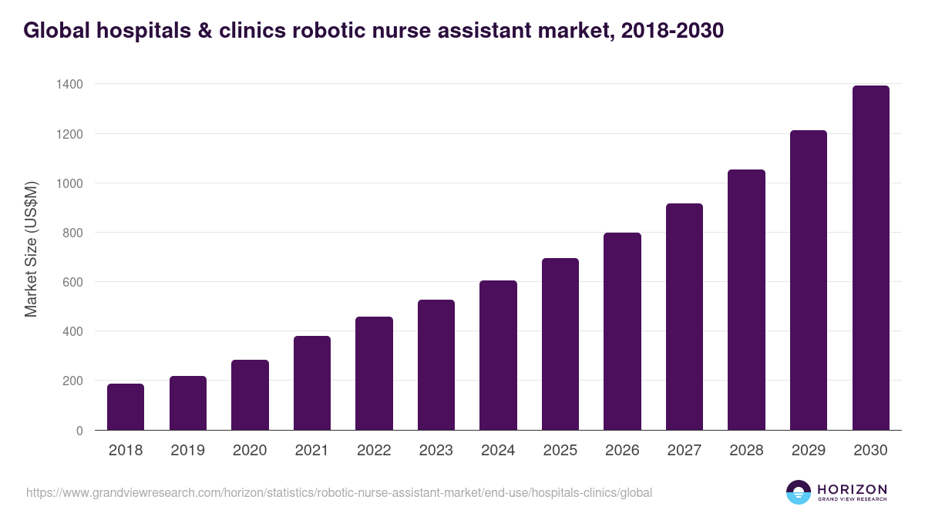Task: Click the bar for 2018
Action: (x=126, y=407)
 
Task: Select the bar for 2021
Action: (x=312, y=383)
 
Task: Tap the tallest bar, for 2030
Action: (x=871, y=258)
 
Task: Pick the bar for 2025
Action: (x=560, y=344)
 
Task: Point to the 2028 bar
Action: (x=747, y=300)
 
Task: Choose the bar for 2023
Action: (x=436, y=364)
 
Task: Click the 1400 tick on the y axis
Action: (x=69, y=84)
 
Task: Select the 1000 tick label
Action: (x=69, y=183)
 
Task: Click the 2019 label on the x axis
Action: (x=188, y=451)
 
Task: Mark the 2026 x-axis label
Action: (x=622, y=451)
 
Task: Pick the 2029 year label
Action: (x=809, y=451)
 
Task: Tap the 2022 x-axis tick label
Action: (x=374, y=451)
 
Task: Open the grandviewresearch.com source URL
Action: (x=339, y=492)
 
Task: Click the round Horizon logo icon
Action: (x=799, y=492)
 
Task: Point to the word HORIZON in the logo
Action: (x=852, y=488)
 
